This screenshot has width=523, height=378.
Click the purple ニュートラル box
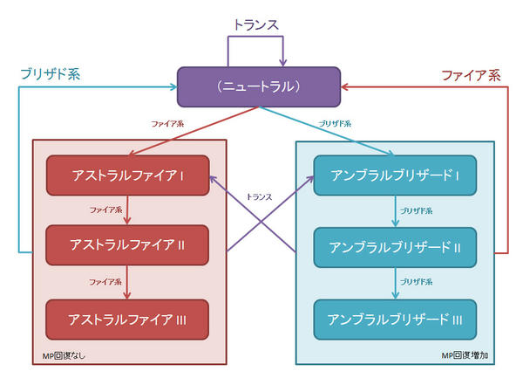pyautogui.click(x=261, y=87)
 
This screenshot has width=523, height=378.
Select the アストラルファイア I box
pyautogui.click(x=127, y=175)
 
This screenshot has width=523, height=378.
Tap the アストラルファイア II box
pyautogui.click(x=127, y=246)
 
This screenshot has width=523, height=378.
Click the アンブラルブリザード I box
pyautogui.click(x=395, y=175)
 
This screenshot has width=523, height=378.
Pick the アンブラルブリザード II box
pyautogui.click(x=395, y=246)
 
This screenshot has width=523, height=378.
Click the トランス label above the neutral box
pyautogui.click(x=255, y=25)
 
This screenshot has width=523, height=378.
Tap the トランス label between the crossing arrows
pyautogui.click(x=260, y=196)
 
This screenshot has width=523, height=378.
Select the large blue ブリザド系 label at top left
pyautogui.click(x=50, y=75)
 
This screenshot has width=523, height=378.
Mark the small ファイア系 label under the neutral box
pyautogui.click(x=166, y=125)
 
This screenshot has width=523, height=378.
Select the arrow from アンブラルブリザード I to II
pyautogui.click(x=395, y=210)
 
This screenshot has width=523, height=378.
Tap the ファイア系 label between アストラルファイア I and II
pyautogui.click(x=105, y=211)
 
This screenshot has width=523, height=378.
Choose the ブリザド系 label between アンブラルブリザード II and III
pyautogui.click(x=416, y=283)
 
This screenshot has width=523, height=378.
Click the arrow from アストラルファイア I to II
pyautogui.click(x=127, y=210)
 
